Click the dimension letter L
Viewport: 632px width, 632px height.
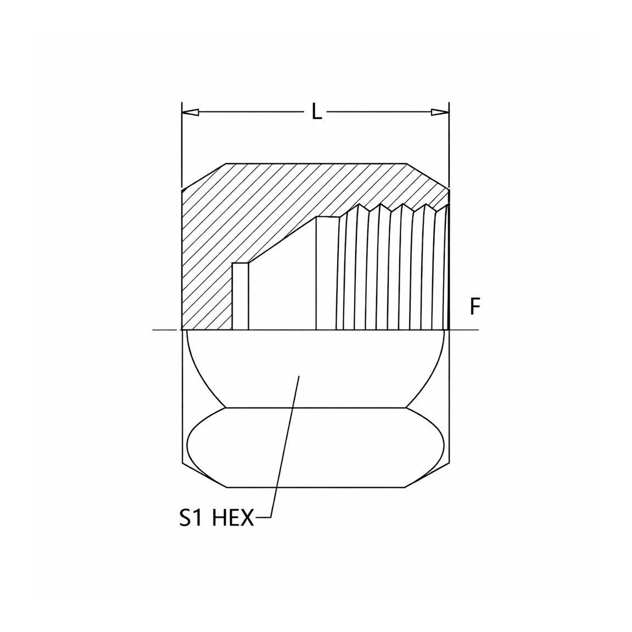tap(317, 111)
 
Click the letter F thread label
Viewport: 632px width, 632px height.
tap(476, 307)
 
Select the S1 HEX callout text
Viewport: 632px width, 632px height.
tap(216, 518)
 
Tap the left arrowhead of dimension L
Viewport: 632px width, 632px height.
tap(190, 112)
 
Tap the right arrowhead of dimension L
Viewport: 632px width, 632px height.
tap(440, 112)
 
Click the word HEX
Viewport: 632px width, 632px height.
tap(233, 518)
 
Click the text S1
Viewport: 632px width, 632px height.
tap(191, 518)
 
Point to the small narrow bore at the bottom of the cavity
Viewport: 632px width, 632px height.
tap(240, 297)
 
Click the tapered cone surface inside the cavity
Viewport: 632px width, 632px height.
tap(282, 240)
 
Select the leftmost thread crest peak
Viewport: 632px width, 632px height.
tap(358, 204)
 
